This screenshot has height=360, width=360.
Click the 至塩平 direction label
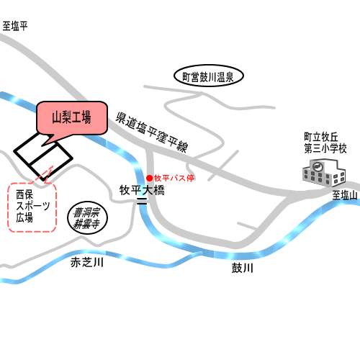15,26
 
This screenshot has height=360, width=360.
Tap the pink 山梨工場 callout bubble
72,117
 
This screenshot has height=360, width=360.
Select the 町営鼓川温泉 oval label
209,76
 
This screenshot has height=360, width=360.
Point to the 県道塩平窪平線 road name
152,132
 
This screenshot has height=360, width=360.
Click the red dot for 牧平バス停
150,178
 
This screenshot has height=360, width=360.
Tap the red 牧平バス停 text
174,178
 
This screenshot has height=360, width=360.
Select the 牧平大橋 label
142,190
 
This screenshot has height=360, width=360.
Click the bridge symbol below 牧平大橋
142,201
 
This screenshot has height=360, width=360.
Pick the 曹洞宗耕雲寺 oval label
87,218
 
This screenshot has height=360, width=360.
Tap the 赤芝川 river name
87,263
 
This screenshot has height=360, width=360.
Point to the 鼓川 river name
243,268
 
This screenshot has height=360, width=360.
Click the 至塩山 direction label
345,195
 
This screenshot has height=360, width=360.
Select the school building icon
324,173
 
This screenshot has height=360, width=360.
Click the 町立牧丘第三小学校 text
325,143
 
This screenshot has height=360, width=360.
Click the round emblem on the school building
318,166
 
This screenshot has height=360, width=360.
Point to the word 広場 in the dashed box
24,218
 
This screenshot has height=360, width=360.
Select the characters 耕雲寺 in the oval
86,225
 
